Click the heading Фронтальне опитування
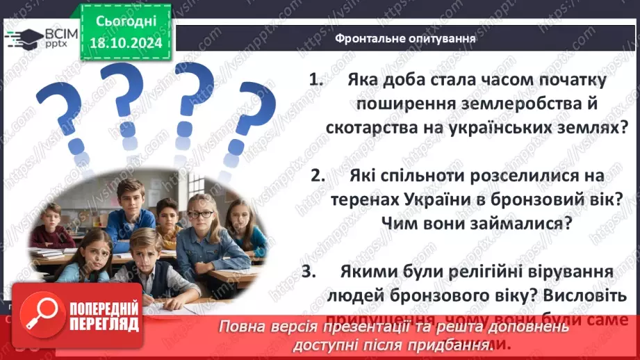(405, 38)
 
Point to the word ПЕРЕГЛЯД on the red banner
(103, 325)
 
